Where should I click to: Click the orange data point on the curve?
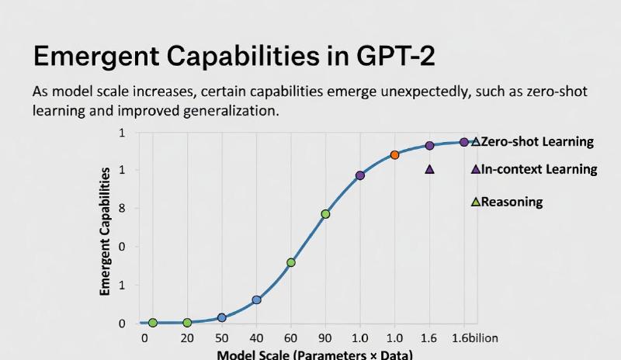394,155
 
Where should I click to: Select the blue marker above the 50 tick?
222,317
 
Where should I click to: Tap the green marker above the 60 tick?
291,262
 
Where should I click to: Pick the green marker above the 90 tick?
325,214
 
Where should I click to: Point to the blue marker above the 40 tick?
256,299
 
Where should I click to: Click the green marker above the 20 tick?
187,323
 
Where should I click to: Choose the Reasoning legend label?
512,202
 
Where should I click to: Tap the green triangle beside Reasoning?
476,202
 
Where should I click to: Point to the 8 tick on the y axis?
121,209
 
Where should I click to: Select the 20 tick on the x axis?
187,338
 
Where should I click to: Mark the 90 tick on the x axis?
325,338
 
